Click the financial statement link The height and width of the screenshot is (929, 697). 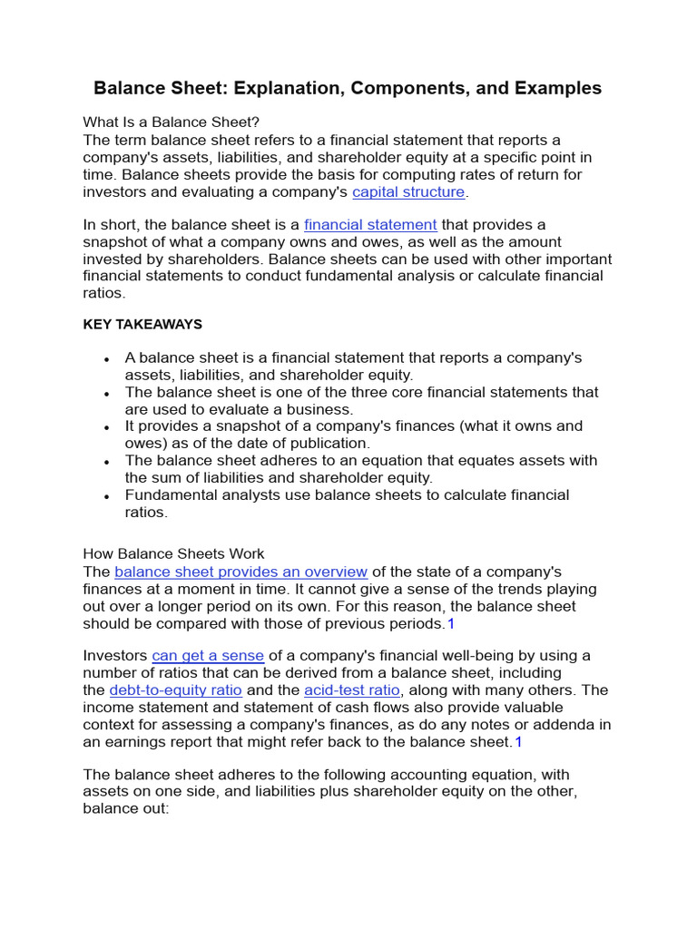click(x=370, y=224)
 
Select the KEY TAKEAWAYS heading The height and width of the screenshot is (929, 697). click(x=142, y=324)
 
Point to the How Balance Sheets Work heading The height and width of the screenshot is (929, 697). click(x=173, y=553)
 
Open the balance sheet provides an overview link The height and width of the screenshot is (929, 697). click(x=241, y=572)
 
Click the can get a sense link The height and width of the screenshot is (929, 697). click(x=208, y=655)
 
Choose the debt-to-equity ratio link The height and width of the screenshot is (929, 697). click(x=175, y=689)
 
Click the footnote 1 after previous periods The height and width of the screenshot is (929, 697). click(x=450, y=623)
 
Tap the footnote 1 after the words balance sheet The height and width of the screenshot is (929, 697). click(x=518, y=741)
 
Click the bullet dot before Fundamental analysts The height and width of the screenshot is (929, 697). click(x=107, y=497)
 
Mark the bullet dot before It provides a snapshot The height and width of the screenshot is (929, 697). click(x=107, y=427)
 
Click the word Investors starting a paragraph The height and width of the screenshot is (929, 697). click(x=115, y=655)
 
